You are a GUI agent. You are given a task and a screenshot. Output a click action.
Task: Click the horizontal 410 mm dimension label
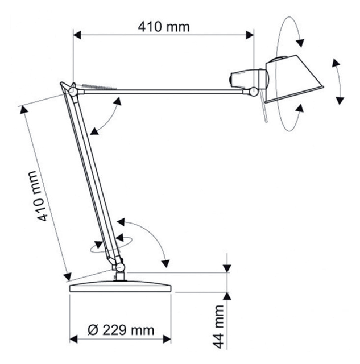pyautogui.click(x=164, y=27)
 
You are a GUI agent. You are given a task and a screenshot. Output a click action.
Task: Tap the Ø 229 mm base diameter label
pyautogui.click(x=121, y=330)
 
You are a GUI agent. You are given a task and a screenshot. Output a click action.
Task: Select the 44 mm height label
pyautogui.click(x=218, y=327)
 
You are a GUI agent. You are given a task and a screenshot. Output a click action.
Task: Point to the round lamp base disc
pyautogui.click(x=121, y=287)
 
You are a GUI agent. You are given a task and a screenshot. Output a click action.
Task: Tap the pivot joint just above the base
pyautogui.click(x=120, y=267)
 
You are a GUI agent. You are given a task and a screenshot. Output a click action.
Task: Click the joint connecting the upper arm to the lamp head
pyautogui.click(x=254, y=91)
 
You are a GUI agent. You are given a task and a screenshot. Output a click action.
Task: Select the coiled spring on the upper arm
pyautogui.click(x=99, y=87)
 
